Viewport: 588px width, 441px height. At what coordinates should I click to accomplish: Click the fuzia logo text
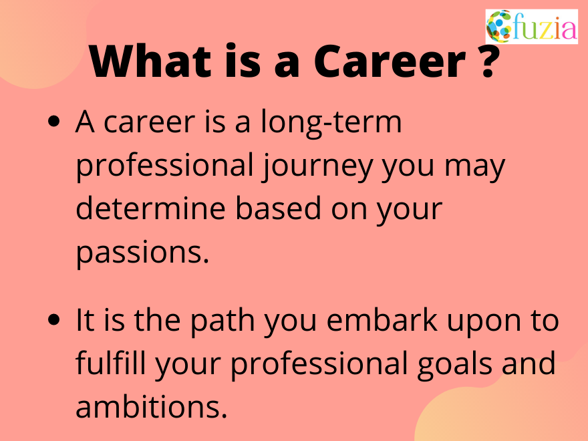[x=544, y=27]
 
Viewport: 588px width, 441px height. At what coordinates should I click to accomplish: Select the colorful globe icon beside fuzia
[x=498, y=27]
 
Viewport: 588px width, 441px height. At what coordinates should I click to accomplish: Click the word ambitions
[x=151, y=407]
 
